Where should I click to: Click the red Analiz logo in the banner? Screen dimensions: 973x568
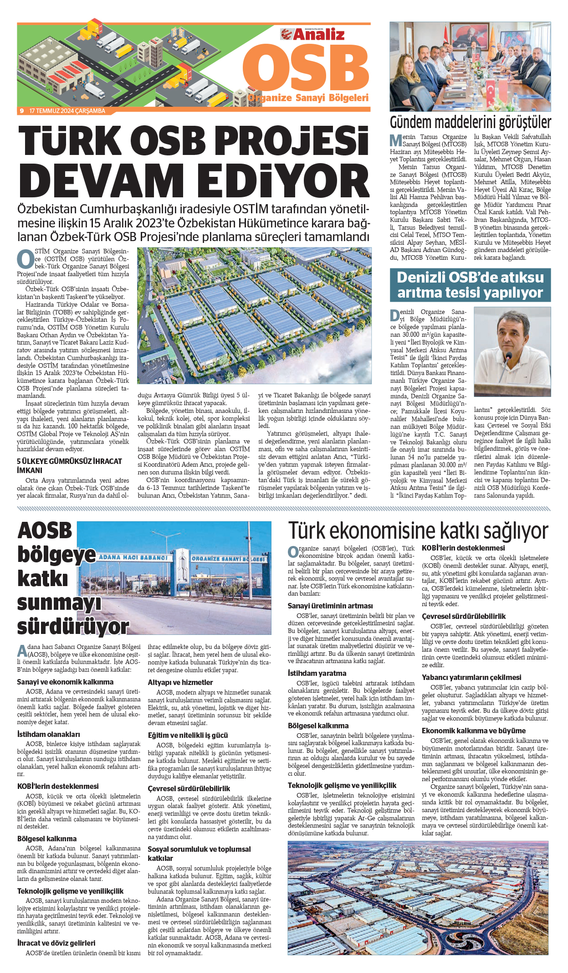[x=312, y=34]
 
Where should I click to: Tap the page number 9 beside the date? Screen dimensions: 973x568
[x=21, y=111]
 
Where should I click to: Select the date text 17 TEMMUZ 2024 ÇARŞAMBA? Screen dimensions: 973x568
[x=67, y=111]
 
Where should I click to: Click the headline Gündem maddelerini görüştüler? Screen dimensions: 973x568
[x=470, y=122]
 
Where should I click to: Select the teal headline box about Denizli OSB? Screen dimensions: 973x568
[x=470, y=285]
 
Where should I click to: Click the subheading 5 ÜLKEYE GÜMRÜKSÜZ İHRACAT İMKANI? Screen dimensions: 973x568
[x=69, y=465]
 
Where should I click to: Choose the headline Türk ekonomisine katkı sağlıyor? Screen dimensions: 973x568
[x=418, y=531]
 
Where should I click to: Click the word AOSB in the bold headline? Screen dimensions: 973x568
[x=45, y=531]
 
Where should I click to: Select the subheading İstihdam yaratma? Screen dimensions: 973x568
[x=317, y=673]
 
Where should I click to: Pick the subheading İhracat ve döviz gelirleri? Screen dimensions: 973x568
[x=56, y=943]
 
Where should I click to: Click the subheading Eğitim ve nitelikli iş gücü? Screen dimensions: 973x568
[x=188, y=735]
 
